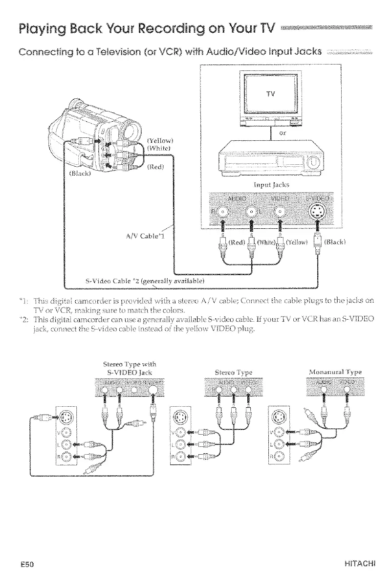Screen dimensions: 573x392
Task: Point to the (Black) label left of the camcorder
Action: (x=78, y=173)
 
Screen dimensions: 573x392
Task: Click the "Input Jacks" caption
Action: (x=271, y=184)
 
